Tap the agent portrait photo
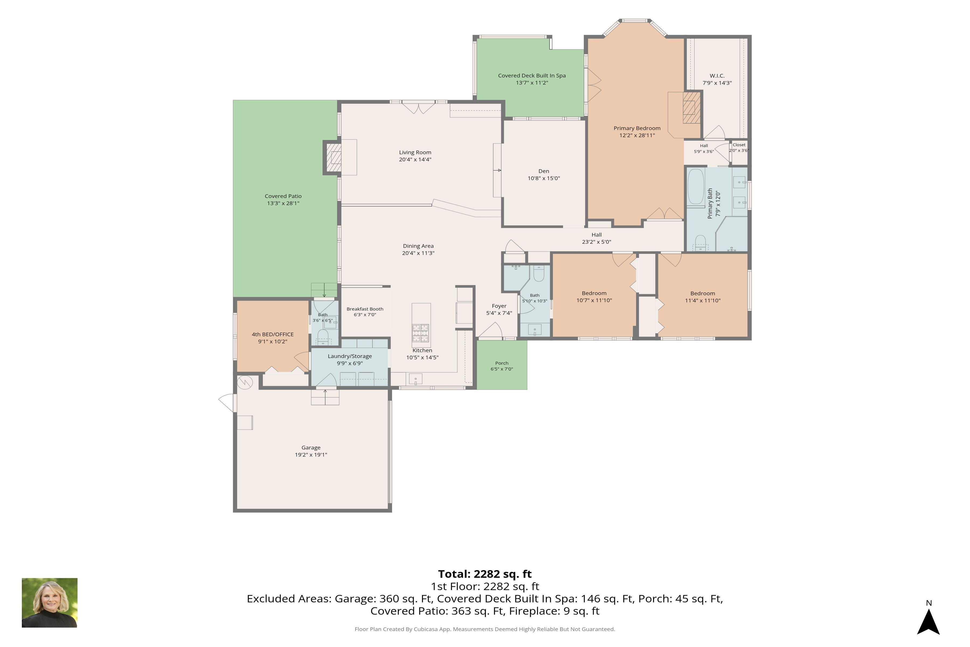coord(50,603)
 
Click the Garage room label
coord(311,448)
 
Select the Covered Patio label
coord(283,196)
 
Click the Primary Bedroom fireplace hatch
coord(692,108)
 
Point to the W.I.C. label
coord(717,76)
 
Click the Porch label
coord(502,363)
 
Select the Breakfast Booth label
coord(365,309)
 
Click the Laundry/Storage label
coord(350,356)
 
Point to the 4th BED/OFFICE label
coord(273,334)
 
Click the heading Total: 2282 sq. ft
coord(485,574)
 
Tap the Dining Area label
coord(418,246)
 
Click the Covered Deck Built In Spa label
coord(532,75)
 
